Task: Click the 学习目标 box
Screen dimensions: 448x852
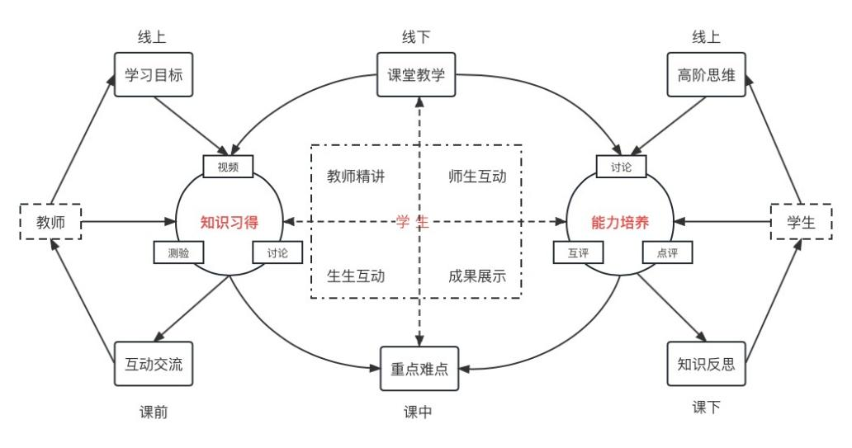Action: pyautogui.click(x=154, y=75)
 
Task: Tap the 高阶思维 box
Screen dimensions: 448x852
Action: pyautogui.click(x=706, y=75)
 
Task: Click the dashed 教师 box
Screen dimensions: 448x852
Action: pyautogui.click(x=50, y=222)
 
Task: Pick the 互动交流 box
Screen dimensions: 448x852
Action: pyautogui.click(x=154, y=364)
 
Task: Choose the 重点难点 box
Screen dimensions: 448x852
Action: pyautogui.click(x=419, y=369)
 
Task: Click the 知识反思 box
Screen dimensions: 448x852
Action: pyautogui.click(x=706, y=364)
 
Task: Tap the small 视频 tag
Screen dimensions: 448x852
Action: pyautogui.click(x=228, y=166)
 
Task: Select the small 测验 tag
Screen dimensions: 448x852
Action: pyautogui.click(x=178, y=252)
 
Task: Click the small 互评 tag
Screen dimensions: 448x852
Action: pyautogui.click(x=577, y=252)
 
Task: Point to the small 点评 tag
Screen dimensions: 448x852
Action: pyautogui.click(x=667, y=252)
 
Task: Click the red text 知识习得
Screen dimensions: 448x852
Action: pyautogui.click(x=230, y=222)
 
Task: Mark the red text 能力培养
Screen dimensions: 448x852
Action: pyautogui.click(x=620, y=222)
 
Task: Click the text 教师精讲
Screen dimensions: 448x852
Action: pyautogui.click(x=356, y=177)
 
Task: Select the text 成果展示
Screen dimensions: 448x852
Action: pyautogui.click(x=477, y=276)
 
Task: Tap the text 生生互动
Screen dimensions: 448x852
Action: pyautogui.click(x=356, y=276)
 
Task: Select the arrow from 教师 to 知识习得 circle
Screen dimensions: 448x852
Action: pyautogui.click(x=128, y=222)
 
